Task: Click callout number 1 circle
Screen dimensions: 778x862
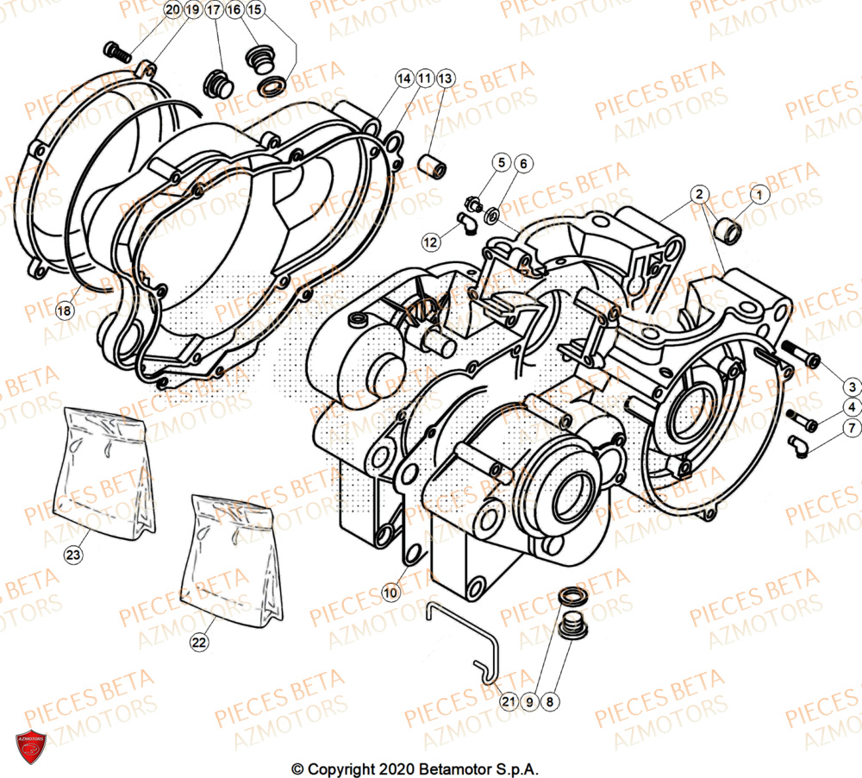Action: tap(758, 196)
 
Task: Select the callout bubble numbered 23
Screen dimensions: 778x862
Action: tap(74, 555)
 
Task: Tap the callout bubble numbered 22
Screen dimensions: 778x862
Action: tap(199, 643)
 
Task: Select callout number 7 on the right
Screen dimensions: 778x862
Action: tap(851, 428)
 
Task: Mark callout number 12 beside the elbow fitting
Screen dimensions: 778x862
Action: tap(430, 242)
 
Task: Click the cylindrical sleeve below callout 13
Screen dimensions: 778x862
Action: tap(432, 164)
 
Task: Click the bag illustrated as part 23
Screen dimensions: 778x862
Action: tap(107, 466)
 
